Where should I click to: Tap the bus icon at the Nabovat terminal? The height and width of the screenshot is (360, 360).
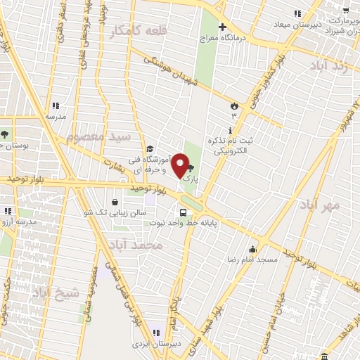[x=183, y=212]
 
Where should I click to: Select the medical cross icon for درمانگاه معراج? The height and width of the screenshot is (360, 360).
[x=223, y=28]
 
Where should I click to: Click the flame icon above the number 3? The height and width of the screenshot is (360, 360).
[x=233, y=105]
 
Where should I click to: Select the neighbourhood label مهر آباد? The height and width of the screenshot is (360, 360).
[x=319, y=205]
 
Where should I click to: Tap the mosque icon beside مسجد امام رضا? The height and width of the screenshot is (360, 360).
[x=252, y=249]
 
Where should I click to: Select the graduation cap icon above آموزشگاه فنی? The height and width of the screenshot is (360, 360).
[x=149, y=149]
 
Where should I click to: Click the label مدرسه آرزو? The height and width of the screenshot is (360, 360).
[x=20, y=221]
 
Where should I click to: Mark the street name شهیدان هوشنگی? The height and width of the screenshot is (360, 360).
[x=173, y=72]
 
